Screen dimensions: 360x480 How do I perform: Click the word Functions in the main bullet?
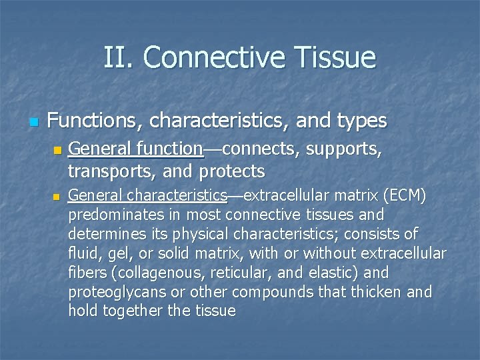point(96,121)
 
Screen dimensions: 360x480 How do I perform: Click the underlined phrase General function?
point(135,150)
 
